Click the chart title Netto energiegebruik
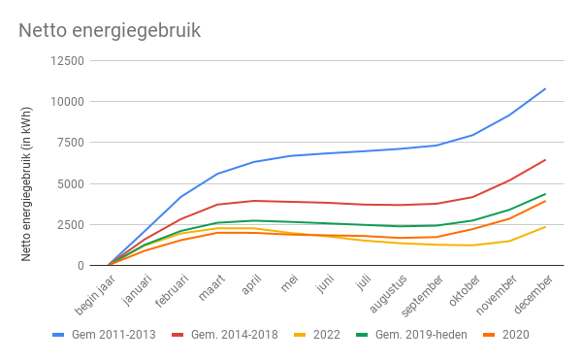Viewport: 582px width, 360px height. pos(110,30)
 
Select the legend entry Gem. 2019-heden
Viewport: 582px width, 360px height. pos(418,335)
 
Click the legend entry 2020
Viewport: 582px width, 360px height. pos(515,335)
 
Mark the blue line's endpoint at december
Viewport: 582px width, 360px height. pos(545,89)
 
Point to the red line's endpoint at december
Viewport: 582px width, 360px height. pos(545,160)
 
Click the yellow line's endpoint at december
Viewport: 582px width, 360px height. pos(545,227)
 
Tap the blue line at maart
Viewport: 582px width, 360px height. pos(217,174)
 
